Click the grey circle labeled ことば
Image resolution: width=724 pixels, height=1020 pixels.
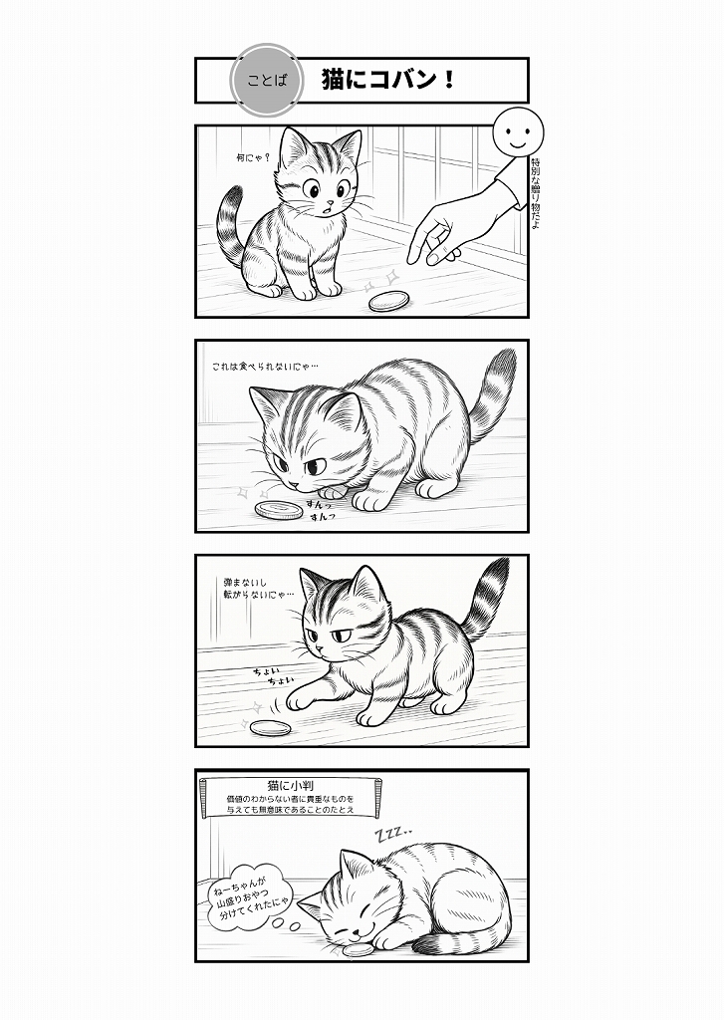[x=267, y=80]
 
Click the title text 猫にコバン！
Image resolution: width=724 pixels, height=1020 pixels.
[x=388, y=80]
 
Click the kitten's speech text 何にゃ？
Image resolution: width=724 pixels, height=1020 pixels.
[x=254, y=157]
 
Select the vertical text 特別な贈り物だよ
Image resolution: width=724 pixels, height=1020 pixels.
[x=536, y=193]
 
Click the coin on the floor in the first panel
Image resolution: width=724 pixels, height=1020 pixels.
[x=388, y=301]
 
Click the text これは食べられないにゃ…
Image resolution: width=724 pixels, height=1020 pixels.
[x=266, y=367]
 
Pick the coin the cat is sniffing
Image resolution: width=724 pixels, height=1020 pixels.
[x=279, y=509]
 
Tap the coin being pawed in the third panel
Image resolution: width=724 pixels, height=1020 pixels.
[x=270, y=728]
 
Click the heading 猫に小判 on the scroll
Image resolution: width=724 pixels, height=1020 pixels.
[x=291, y=785]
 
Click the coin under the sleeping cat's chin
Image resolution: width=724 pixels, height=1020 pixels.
[x=359, y=950]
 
